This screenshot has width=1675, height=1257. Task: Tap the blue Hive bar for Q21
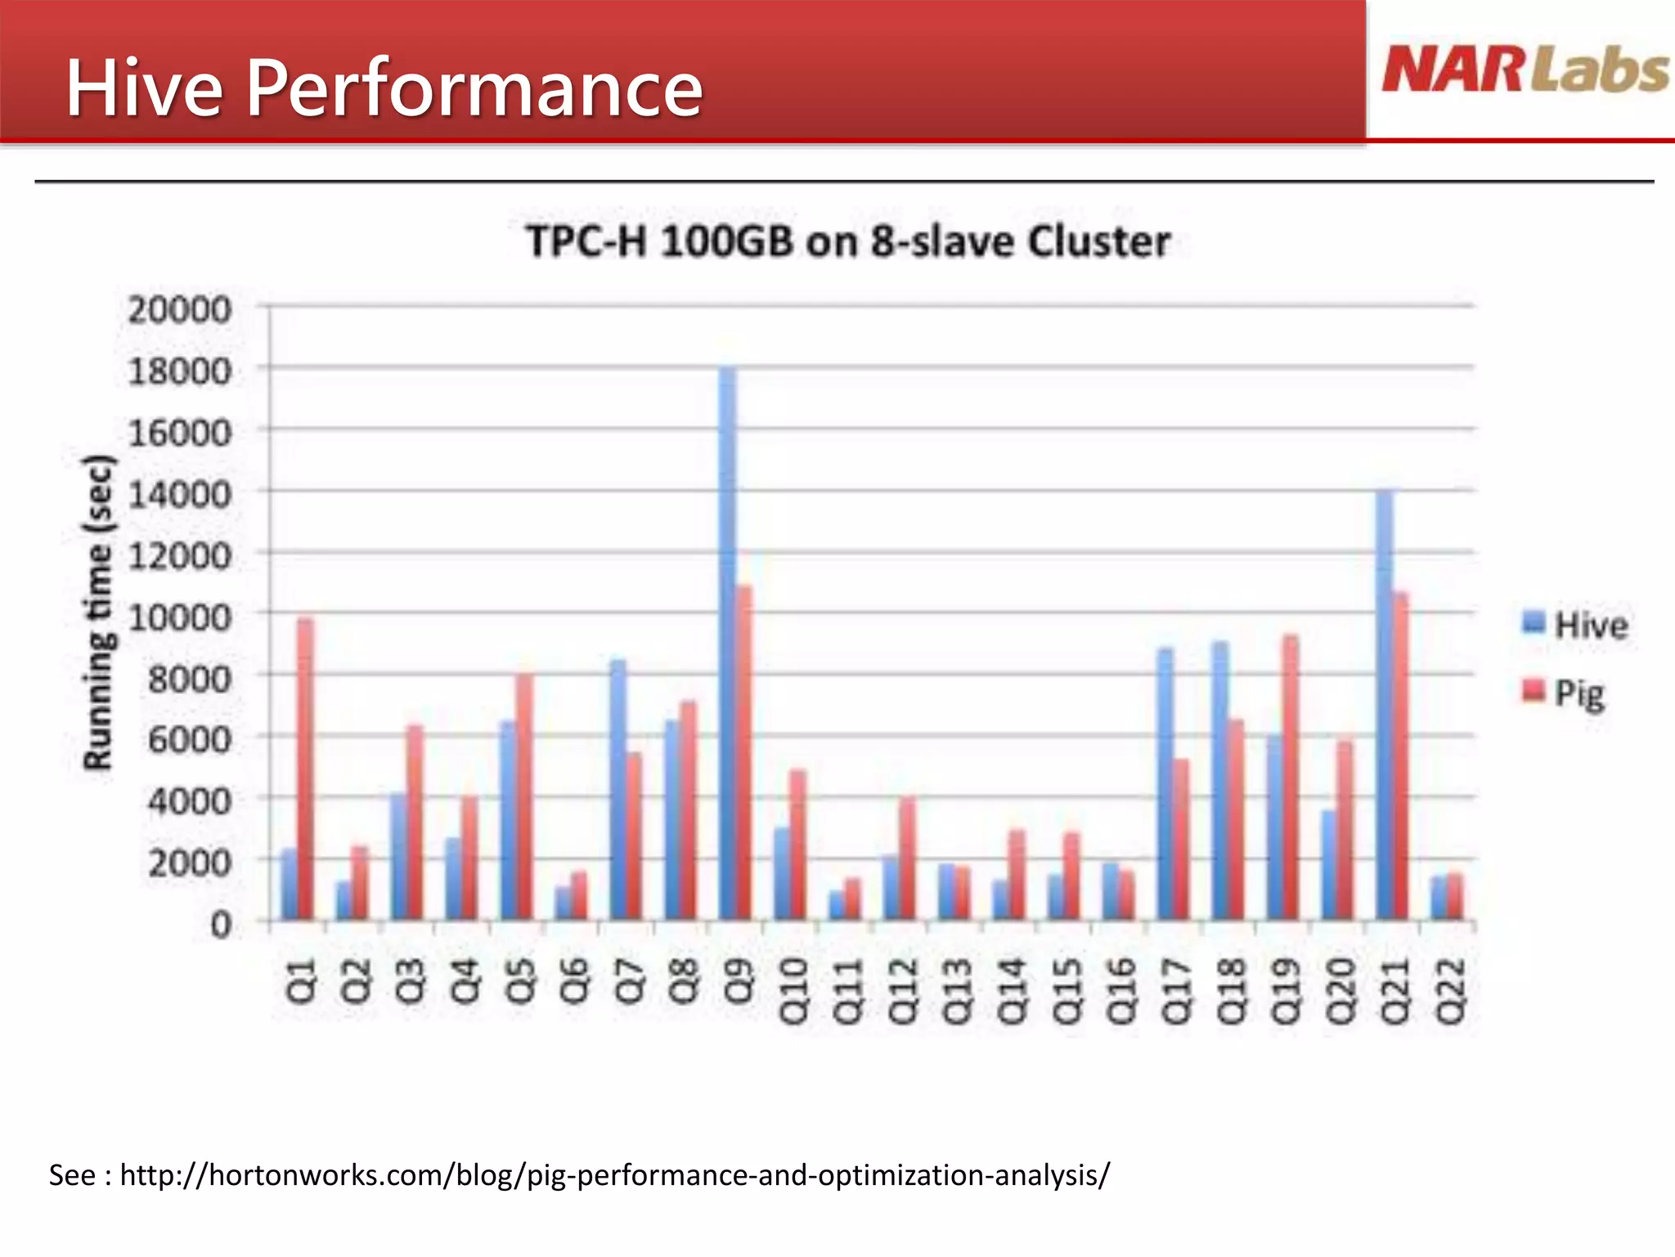point(1384,704)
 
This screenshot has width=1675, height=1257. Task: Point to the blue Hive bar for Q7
point(618,789)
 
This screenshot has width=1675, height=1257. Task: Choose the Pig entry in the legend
point(1564,693)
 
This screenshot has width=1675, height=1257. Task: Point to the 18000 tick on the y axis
point(180,372)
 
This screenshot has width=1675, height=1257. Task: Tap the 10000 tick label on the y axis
point(180,617)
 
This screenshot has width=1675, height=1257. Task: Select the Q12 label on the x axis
point(902,991)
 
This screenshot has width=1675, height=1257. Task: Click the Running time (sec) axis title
point(98,612)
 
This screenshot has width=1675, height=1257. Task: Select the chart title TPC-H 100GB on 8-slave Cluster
point(847,241)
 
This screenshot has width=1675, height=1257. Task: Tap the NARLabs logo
point(1525,70)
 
